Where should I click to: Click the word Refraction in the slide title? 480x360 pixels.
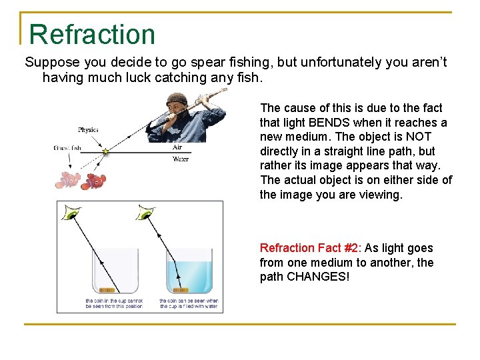92,35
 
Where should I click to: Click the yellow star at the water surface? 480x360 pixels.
105,152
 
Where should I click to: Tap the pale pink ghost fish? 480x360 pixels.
69,179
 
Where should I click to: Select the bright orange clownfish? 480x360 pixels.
95,179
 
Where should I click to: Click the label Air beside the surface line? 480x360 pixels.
177,147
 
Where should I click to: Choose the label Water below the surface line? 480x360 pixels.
180,159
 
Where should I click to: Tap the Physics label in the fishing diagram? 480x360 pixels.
89,129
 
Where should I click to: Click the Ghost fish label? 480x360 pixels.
68,147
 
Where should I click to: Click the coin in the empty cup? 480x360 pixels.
107,290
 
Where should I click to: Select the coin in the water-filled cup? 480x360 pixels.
180,290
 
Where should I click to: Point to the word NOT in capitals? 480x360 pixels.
419,137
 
